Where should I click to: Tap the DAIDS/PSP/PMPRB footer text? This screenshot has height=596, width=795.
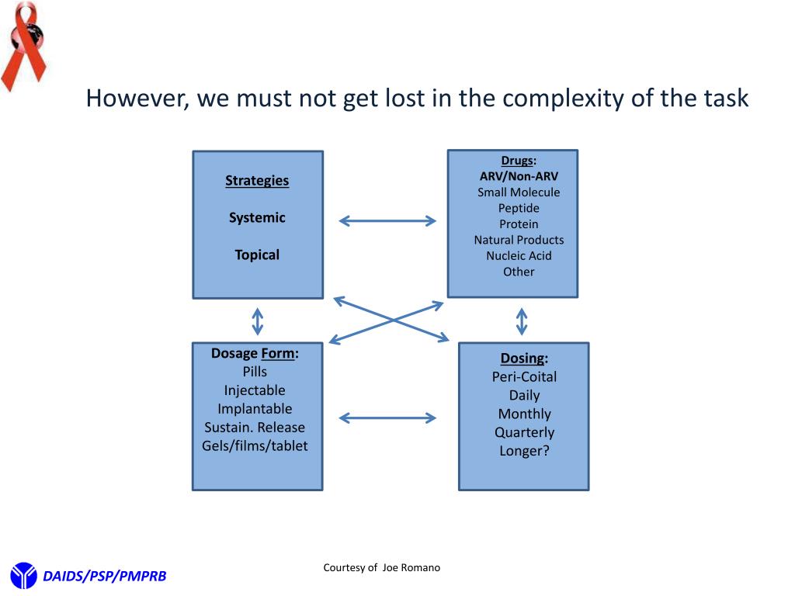tap(104, 576)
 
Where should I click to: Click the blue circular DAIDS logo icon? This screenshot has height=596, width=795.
tap(23, 575)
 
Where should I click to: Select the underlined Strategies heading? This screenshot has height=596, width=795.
tap(257, 181)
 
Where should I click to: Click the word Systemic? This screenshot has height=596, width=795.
tap(257, 218)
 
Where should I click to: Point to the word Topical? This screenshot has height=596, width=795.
tap(257, 255)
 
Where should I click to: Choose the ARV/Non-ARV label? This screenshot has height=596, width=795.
tap(519, 176)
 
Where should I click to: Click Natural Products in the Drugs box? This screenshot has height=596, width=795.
tap(519, 240)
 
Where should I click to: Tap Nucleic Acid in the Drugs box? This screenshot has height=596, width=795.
tap(519, 255)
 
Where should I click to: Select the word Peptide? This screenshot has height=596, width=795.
tap(519, 208)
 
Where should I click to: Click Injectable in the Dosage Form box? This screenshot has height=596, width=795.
tap(255, 390)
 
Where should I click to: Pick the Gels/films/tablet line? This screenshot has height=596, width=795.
tap(255, 445)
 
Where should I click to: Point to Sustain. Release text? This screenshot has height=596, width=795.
tap(255, 427)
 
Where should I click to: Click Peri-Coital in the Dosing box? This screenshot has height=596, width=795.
tap(524, 376)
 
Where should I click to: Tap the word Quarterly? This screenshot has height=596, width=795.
tap(524, 432)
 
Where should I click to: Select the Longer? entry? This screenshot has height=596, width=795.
tap(524, 451)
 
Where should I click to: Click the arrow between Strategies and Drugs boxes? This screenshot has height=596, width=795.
tap(387, 221)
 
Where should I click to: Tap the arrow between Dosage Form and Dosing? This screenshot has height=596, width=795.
tap(387, 418)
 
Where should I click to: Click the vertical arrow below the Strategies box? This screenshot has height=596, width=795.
tap(257, 321)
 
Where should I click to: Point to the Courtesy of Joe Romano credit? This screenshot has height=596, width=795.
tap(381, 568)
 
